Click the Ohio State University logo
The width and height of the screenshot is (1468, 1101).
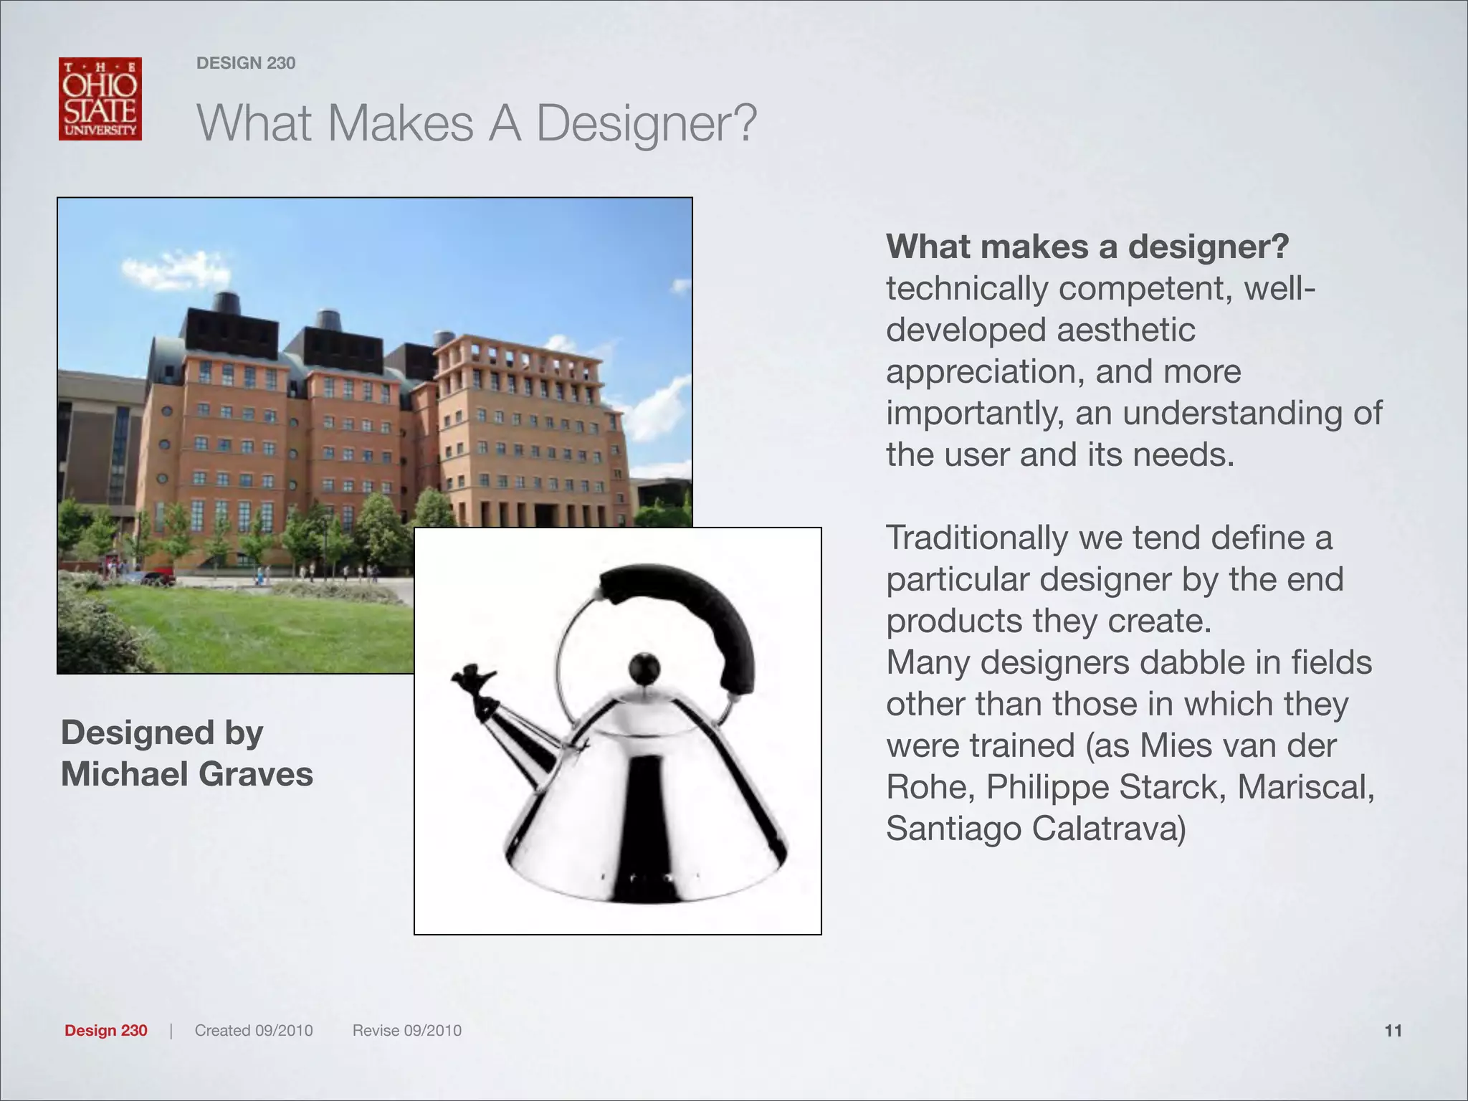100,99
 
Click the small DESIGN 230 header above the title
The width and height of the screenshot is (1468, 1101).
246,63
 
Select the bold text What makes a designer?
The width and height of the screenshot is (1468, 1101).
1087,247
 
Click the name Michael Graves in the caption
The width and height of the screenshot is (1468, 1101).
187,774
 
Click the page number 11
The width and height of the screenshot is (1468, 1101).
1393,1031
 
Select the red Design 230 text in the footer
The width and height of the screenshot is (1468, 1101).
106,1031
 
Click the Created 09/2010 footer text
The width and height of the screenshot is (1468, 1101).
254,1031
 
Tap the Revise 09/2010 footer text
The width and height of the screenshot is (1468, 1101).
406,1031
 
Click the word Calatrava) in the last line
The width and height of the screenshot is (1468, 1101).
1109,829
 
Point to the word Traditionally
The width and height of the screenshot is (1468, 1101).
976,538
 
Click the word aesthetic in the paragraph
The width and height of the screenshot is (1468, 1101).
1125,330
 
